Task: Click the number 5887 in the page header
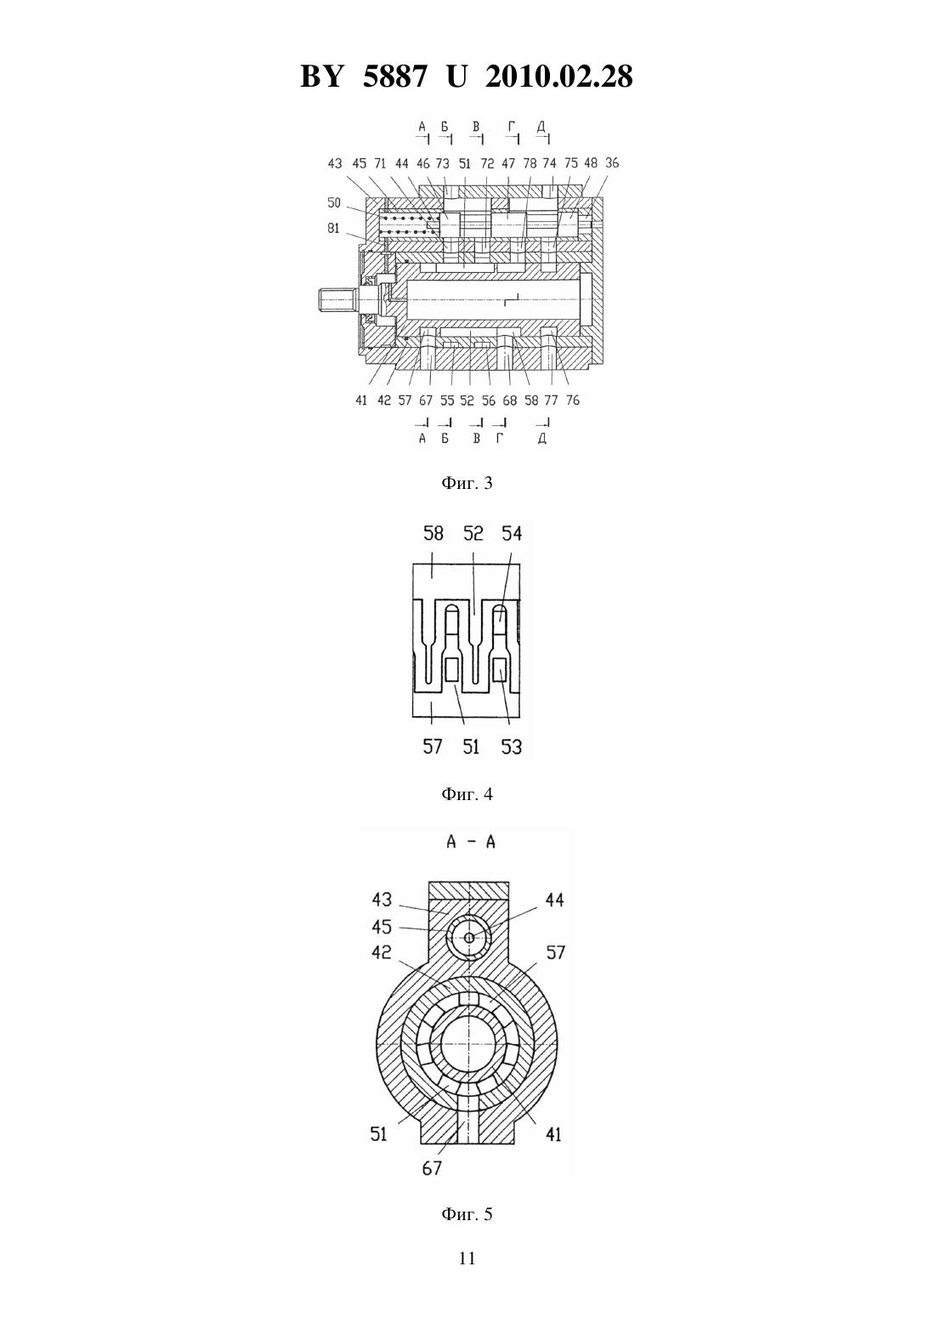coord(394,77)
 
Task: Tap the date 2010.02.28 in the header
coord(559,77)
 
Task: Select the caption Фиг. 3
coord(467,483)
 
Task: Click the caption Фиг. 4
coord(467,794)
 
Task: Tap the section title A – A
coord(470,842)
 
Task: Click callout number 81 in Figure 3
coord(334,228)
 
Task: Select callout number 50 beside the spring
coord(334,202)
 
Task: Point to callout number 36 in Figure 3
coord(612,162)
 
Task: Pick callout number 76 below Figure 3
coord(573,400)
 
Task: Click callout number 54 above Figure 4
coord(512,534)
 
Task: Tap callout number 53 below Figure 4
coord(512,747)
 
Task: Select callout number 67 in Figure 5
coord(432,1167)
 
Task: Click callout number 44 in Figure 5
coord(554,900)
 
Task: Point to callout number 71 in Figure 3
coord(380,162)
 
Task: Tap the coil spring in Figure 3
coord(406,224)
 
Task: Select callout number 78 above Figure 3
coord(530,162)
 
